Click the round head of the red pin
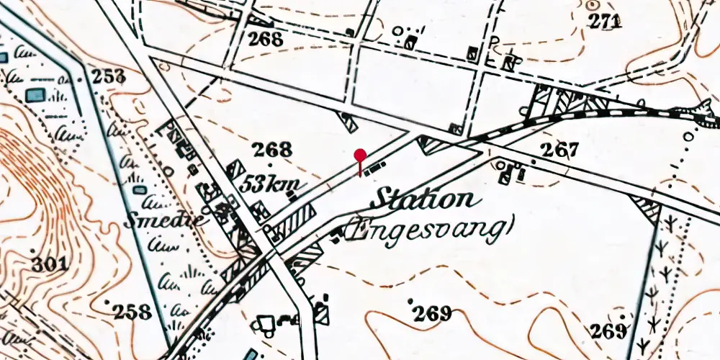(x=361, y=153)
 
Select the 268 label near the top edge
(x=265, y=39)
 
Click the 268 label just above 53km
(x=273, y=150)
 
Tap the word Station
(x=425, y=199)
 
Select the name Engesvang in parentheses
(x=430, y=230)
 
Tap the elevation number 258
(x=132, y=312)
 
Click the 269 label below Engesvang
(x=432, y=313)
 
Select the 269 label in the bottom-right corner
(x=608, y=331)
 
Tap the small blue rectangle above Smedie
(x=140, y=190)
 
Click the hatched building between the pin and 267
(x=433, y=145)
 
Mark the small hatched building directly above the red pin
(x=348, y=122)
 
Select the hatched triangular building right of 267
(x=647, y=208)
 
